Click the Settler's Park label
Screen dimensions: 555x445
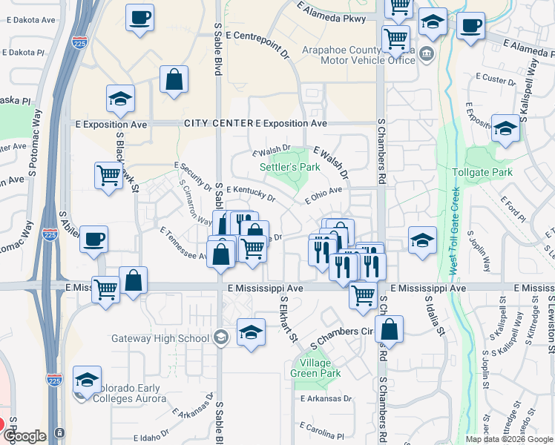pyautogui.click(x=289, y=167)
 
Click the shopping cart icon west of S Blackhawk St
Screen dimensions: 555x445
pyautogui.click(x=108, y=176)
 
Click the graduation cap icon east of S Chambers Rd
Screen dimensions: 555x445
pyautogui.click(x=422, y=240)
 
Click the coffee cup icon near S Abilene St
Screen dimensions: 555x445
pyautogui.click(x=93, y=239)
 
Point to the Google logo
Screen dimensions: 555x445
pyautogui.click(x=26, y=435)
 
